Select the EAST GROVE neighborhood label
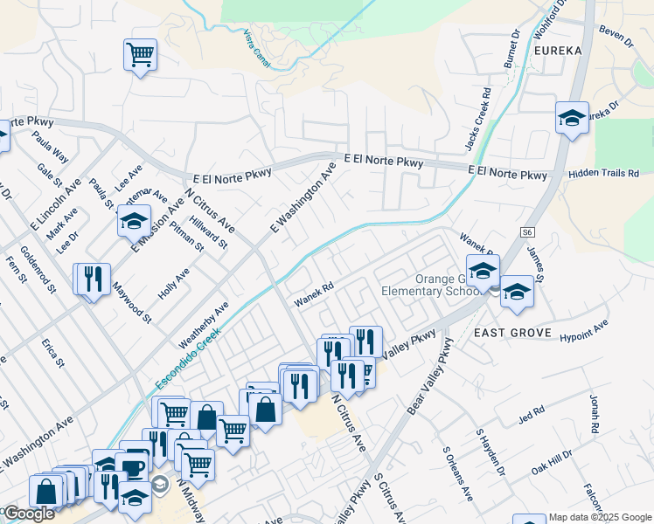click(x=512, y=333)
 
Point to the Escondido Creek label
click(x=189, y=358)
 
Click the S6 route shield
click(x=526, y=232)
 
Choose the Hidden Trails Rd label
click(x=603, y=174)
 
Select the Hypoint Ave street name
click(x=583, y=330)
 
